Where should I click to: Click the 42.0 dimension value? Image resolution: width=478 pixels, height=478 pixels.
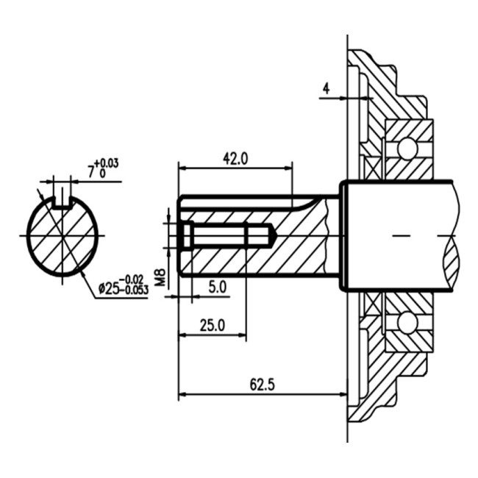click(x=235, y=159)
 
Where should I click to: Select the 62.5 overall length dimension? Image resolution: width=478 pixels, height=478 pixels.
click(x=263, y=385)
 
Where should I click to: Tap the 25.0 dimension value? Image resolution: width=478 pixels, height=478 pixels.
click(x=213, y=325)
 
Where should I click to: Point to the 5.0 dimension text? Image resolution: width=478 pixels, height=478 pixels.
click(x=218, y=287)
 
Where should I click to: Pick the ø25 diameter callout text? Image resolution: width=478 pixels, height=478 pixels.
click(x=109, y=288)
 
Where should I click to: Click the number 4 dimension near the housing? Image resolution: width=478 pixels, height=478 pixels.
click(x=327, y=89)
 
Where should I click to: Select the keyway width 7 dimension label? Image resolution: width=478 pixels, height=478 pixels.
click(x=91, y=173)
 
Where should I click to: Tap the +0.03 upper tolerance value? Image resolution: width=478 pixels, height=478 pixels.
click(x=107, y=164)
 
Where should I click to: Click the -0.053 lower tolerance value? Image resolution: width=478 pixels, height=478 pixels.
click(x=134, y=290)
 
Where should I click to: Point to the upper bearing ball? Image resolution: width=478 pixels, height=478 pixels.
click(x=407, y=149)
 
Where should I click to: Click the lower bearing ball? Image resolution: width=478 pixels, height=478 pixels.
click(x=407, y=321)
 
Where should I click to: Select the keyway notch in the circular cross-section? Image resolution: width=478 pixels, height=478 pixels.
click(x=63, y=203)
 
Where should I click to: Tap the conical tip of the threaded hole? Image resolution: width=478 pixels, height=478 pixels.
click(x=274, y=235)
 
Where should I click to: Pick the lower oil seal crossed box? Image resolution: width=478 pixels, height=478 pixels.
click(x=374, y=302)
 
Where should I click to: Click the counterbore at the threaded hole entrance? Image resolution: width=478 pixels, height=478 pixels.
click(x=188, y=235)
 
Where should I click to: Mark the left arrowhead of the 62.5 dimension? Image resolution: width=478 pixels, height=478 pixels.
click(x=182, y=394)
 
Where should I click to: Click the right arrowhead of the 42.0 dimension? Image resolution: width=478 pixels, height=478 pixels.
click(x=288, y=168)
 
